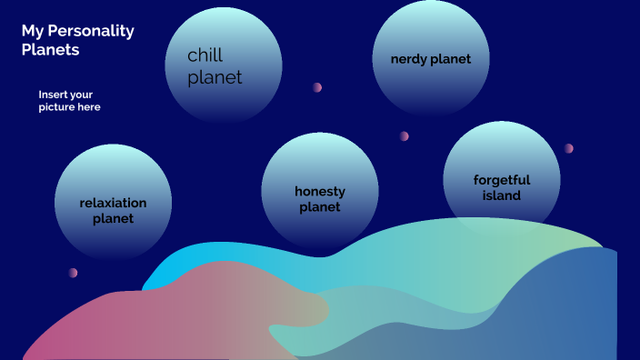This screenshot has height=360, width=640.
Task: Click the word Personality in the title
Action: [89, 32]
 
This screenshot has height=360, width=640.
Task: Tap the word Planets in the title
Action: [50, 50]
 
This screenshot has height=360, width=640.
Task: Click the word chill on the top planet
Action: [205, 56]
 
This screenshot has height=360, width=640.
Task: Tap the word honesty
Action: [320, 192]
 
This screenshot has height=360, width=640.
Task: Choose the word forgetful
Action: [502, 180]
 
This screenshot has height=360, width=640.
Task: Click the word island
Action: [502, 195]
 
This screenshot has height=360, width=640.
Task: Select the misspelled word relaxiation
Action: [113, 203]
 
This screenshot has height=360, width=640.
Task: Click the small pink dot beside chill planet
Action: [317, 87]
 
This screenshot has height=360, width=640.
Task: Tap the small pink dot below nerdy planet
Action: [404, 136]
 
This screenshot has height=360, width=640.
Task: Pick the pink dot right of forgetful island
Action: [568, 148]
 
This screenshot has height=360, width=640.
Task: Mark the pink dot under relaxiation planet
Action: [73, 273]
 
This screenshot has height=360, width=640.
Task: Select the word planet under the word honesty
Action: [320, 207]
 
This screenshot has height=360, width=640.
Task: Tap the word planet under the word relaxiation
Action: [113, 218]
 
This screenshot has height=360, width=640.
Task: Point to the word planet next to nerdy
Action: [452, 59]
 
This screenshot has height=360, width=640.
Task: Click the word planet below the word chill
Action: [215, 78]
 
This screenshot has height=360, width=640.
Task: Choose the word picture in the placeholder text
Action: [57, 107]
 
